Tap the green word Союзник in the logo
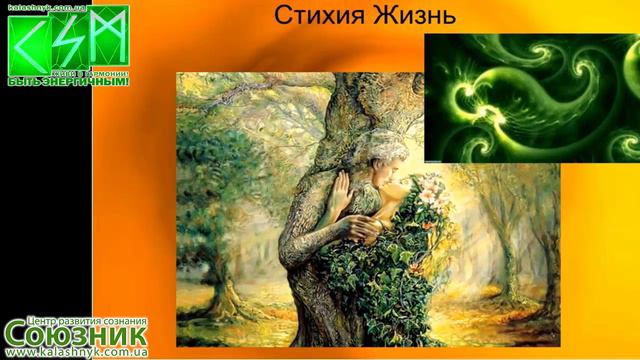[x=75, y=333]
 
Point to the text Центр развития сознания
[x=75, y=311]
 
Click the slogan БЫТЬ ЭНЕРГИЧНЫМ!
[x=68, y=82]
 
